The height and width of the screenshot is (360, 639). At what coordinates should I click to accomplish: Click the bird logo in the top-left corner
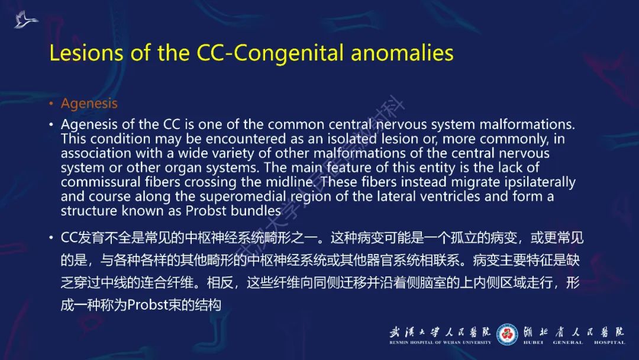tap(25, 20)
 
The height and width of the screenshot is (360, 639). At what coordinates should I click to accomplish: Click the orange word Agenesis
tap(89, 103)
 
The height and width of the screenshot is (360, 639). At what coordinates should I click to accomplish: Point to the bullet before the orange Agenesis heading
tap(51, 104)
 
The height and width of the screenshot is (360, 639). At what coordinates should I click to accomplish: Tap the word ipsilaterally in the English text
tap(536, 182)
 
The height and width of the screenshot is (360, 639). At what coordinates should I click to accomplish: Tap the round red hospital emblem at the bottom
tap(506, 334)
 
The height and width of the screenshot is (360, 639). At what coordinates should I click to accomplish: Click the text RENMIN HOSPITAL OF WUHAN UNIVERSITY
tap(440, 342)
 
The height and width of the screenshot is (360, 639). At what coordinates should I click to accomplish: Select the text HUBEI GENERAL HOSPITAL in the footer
tap(574, 342)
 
